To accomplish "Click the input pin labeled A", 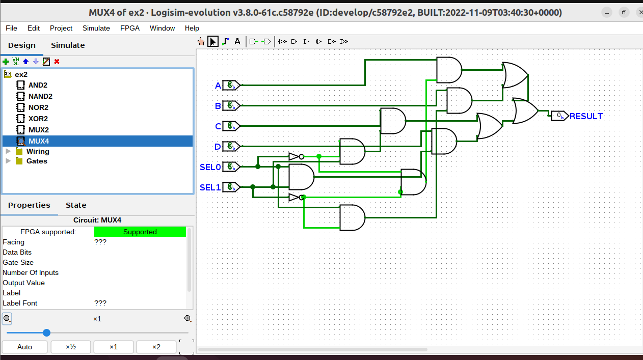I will [231, 86].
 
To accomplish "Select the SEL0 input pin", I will [231, 167].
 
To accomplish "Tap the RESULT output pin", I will [560, 116].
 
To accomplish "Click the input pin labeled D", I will [231, 147].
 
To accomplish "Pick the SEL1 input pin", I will [231, 187].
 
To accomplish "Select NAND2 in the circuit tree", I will [40, 96].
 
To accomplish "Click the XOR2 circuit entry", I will [38, 119].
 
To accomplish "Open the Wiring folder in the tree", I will [38, 151].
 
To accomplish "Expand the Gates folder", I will [37, 161].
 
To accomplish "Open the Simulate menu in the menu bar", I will [96, 28].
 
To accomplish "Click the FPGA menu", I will [129, 28].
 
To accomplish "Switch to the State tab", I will [76, 205].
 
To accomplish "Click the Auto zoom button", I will [24, 347].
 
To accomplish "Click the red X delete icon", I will [57, 62].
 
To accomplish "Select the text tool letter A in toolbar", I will [237, 41].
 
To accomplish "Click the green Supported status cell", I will [140, 232].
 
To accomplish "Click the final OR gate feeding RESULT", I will [525, 111].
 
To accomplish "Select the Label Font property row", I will [51, 303].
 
